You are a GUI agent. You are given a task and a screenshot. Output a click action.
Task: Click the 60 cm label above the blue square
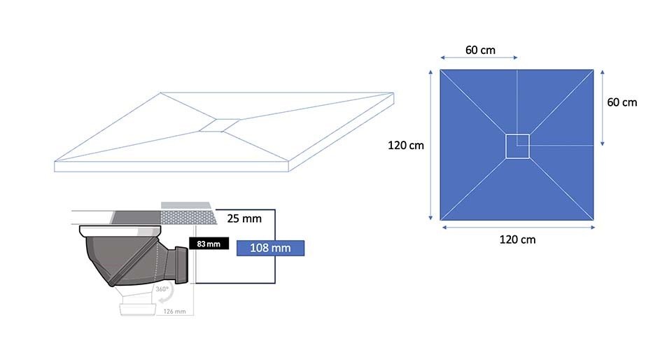(480, 50)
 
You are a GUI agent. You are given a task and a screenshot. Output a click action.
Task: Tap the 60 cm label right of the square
(622, 102)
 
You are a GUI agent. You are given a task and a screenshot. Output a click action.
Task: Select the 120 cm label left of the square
(405, 145)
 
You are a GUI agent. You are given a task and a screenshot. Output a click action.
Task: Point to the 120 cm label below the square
(517, 240)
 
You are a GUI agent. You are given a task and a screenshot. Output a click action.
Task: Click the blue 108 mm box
(270, 248)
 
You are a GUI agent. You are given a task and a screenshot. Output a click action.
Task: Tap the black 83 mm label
(209, 244)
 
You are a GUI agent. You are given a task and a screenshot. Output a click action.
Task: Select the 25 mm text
(244, 219)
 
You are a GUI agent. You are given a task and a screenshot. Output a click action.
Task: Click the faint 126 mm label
(174, 312)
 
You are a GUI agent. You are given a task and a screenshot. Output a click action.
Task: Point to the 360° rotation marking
(162, 289)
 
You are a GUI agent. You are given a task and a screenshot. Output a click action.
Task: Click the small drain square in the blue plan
(517, 146)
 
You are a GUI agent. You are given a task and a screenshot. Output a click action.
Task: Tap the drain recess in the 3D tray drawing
(220, 125)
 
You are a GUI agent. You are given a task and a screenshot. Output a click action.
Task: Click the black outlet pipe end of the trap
(182, 265)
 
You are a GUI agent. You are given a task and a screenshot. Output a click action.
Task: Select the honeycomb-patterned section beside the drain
(188, 217)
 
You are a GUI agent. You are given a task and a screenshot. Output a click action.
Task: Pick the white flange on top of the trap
(120, 230)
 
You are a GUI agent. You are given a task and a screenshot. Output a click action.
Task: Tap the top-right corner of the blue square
(594, 70)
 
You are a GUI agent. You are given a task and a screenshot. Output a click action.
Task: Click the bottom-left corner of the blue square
(440, 220)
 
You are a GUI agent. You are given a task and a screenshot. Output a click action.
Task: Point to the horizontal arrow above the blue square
(479, 57)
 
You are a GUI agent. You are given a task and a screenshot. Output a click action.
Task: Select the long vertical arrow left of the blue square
(430, 145)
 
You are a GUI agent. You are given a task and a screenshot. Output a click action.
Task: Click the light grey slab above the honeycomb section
(185, 205)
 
